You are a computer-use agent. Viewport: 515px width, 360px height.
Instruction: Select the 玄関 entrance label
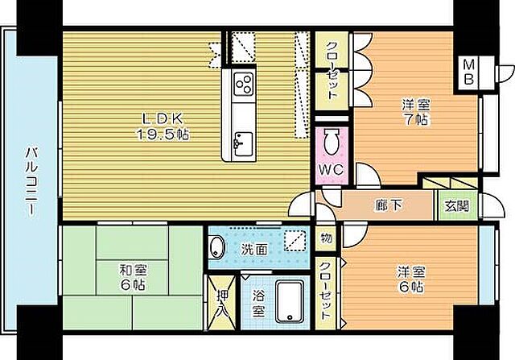(456, 206)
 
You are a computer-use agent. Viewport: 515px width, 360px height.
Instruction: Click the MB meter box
(469, 72)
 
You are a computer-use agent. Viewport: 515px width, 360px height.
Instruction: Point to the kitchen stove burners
(243, 83)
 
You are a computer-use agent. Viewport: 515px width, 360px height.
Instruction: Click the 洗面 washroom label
(255, 249)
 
